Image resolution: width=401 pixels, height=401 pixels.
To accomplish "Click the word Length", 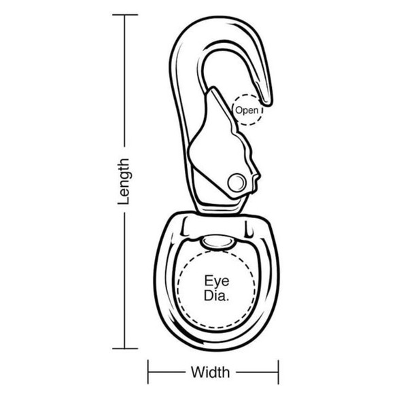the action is (124, 181).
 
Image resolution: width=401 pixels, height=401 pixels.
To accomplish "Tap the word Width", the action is (210, 372).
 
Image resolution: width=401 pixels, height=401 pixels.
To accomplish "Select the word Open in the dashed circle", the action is (247, 110).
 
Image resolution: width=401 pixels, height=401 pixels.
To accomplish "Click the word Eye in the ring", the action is (217, 281).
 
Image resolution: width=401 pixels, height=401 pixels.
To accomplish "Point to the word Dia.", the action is (216, 296).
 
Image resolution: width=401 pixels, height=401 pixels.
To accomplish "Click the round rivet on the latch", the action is (237, 182).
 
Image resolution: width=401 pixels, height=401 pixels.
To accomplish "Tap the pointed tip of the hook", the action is (267, 103).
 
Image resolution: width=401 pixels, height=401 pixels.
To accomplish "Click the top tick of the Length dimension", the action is (125, 15).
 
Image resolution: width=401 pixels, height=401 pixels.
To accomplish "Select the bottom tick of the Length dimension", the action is (125, 348).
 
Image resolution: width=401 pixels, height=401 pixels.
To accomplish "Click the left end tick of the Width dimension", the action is (148, 372).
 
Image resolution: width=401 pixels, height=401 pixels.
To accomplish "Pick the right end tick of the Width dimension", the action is (278, 372).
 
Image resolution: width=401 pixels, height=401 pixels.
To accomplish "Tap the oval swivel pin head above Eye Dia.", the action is (217, 242).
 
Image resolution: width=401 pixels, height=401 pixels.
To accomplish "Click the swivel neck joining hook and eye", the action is (220, 206).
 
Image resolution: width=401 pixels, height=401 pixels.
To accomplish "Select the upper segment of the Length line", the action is (125, 81).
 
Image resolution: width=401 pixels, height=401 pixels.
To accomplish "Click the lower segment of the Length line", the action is (125, 281).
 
